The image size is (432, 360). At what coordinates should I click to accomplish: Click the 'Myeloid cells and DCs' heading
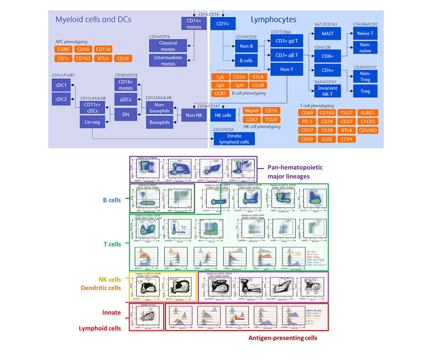93,19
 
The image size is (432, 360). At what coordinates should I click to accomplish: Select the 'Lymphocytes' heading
273,20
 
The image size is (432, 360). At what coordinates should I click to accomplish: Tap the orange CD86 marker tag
63,49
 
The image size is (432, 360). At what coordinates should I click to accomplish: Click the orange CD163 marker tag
83,58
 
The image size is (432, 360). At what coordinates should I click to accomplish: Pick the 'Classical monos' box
168,46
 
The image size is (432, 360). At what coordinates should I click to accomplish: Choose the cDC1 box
61,85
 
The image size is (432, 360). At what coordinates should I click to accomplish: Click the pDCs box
125,100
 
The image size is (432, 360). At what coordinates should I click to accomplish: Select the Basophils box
159,122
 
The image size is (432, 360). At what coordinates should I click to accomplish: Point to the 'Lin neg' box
92,122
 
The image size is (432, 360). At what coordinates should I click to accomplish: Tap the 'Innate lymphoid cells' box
234,139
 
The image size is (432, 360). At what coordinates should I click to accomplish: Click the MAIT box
327,34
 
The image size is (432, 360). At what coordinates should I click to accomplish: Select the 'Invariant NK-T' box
327,91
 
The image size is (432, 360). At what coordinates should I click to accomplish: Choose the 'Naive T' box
365,34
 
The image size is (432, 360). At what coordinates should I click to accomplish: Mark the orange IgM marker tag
239,85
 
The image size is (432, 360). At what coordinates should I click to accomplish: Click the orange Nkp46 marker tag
251,111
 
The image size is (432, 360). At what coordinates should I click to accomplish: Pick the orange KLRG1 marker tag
367,113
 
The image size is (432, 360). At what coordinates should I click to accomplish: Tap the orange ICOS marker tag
327,139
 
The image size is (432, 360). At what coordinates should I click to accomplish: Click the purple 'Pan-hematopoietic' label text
295,167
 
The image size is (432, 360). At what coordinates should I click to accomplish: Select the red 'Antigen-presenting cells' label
283,338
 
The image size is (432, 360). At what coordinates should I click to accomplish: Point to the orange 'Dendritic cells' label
100,288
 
